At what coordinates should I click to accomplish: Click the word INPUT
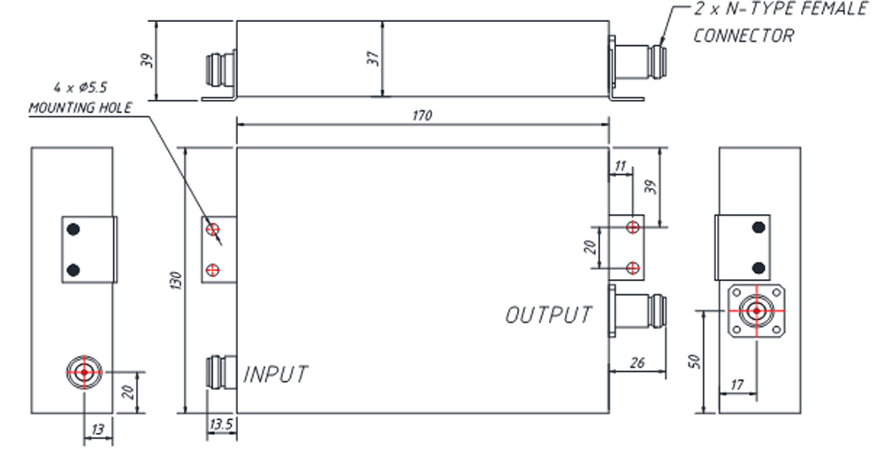[x=276, y=374]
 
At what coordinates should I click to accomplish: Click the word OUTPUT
[x=548, y=315]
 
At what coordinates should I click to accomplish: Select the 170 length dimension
[x=422, y=116]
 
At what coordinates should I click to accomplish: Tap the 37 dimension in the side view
[x=374, y=58]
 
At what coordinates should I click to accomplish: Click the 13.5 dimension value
[x=220, y=424]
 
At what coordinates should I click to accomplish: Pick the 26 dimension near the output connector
[x=637, y=362]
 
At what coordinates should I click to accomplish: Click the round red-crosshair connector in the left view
[x=83, y=372]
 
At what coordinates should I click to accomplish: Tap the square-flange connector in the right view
[x=755, y=311]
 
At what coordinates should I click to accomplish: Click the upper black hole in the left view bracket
[x=74, y=230]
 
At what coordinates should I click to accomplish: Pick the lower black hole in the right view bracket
[x=758, y=268]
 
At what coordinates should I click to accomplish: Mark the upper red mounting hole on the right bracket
[x=632, y=228]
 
